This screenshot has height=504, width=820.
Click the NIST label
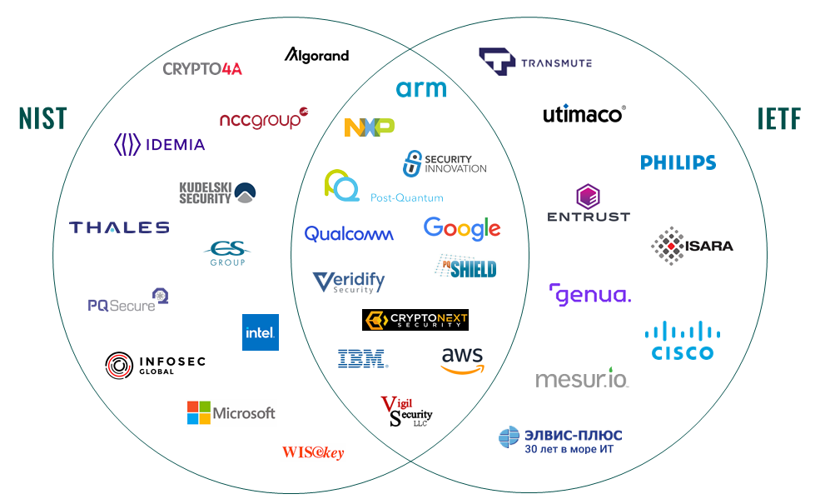click(42, 118)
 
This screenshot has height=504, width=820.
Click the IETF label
click(778, 118)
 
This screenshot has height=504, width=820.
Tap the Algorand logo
click(316, 56)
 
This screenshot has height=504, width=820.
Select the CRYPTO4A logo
click(202, 69)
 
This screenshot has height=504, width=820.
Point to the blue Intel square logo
click(261, 332)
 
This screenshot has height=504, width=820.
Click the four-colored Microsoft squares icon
click(198, 412)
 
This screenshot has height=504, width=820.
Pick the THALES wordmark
click(119, 227)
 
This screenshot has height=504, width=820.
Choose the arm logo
click(421, 88)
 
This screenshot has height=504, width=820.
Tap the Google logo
click(462, 228)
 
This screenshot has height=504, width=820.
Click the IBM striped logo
click(362, 359)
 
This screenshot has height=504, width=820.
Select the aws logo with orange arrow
click(462, 361)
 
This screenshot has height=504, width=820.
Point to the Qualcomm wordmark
click(349, 235)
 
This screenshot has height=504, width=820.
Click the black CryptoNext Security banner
click(415, 320)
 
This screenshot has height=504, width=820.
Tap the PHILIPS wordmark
click(678, 162)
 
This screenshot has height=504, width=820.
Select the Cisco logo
click(683, 341)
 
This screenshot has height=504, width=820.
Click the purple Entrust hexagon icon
click(588, 197)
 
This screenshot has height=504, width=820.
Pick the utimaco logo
click(584, 114)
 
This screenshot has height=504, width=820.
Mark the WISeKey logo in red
click(313, 452)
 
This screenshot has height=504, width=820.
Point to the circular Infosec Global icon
click(119, 365)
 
